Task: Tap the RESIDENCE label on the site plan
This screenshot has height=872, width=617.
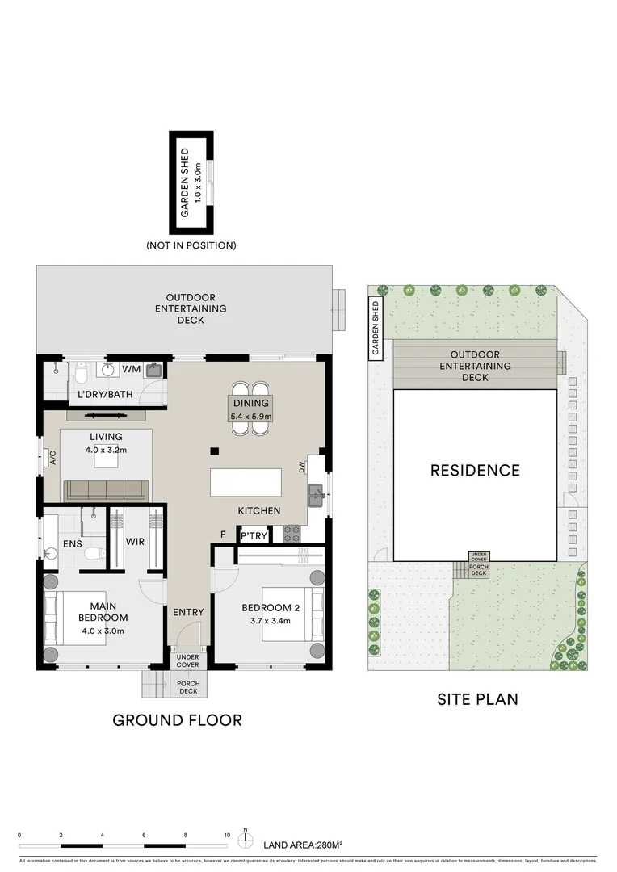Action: (x=475, y=470)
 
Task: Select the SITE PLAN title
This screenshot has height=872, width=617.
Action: (x=477, y=699)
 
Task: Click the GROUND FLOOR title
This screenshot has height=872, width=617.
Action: (x=177, y=719)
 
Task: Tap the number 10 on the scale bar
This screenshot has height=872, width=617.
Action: (x=227, y=836)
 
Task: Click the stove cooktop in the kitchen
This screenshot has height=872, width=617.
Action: (x=292, y=534)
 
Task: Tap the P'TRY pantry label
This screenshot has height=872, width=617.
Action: (x=250, y=535)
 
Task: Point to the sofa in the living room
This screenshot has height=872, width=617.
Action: (x=106, y=489)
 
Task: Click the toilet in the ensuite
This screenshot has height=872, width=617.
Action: (x=94, y=553)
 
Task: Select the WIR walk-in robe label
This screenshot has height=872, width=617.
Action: (x=135, y=541)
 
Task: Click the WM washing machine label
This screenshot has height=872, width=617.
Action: (x=131, y=369)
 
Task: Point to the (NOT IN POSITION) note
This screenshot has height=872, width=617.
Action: (x=191, y=245)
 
